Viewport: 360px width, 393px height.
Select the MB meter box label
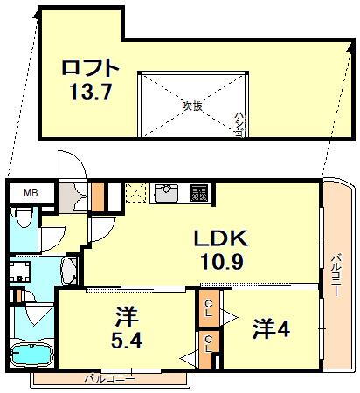click(30, 193)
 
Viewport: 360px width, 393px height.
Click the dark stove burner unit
click(199, 192)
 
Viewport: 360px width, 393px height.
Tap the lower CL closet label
click(210, 343)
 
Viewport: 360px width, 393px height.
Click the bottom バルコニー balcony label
click(109, 380)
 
